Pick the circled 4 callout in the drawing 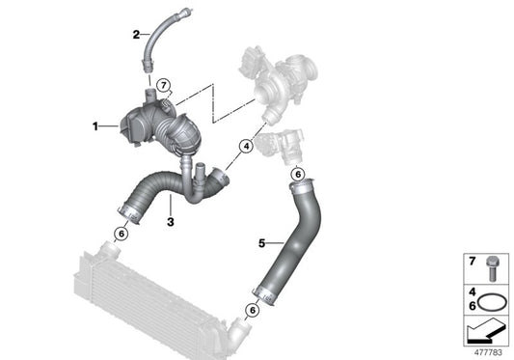pyautogui.click(x=246, y=148)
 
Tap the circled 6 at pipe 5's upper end pyautogui.click(x=298, y=174)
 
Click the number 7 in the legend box pyautogui.click(x=472, y=262)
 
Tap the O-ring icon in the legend pyautogui.click(x=493, y=301)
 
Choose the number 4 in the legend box pyautogui.click(x=472, y=291)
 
